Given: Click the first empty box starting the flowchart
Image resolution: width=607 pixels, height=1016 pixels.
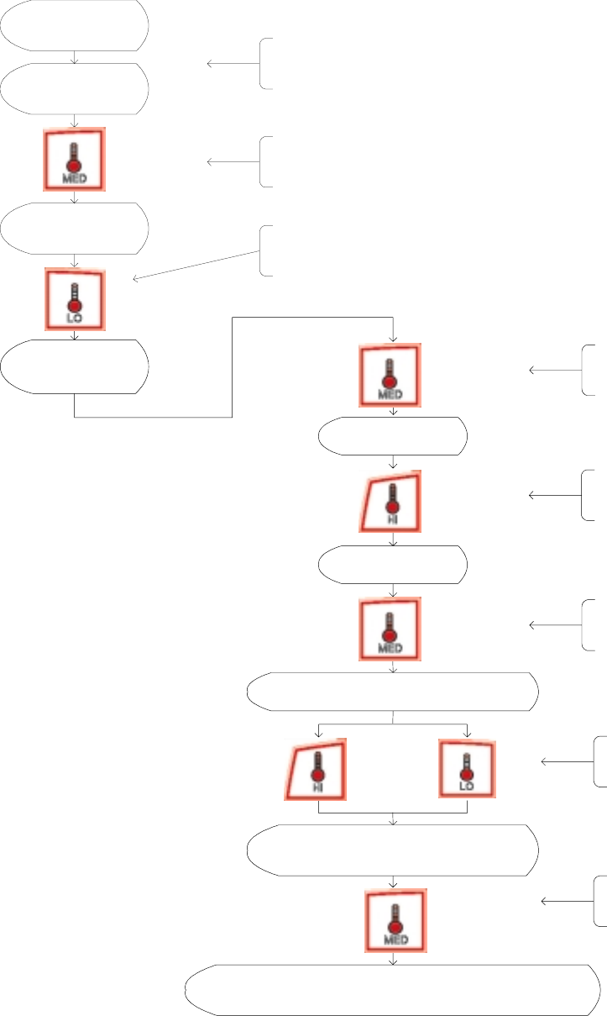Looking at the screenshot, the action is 75,26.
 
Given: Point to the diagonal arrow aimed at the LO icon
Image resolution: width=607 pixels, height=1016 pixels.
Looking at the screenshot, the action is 197,265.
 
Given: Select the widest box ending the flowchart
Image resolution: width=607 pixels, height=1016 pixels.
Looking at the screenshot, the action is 392,991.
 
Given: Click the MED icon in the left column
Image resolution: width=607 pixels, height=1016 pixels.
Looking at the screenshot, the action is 75,160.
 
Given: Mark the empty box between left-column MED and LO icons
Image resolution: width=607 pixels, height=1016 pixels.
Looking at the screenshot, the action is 75,227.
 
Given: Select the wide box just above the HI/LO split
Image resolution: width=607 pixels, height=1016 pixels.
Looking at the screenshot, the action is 392,692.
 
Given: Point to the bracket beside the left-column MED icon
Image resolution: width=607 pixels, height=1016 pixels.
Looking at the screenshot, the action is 265,161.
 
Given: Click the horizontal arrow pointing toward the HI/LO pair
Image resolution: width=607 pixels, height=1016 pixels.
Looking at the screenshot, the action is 567,762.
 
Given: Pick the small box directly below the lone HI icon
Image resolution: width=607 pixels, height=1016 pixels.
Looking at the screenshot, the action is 392,565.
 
